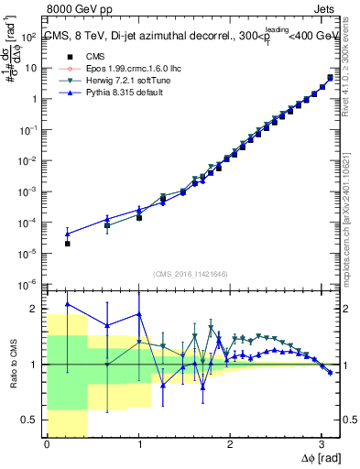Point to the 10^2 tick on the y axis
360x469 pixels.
30,37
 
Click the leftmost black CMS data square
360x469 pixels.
67,244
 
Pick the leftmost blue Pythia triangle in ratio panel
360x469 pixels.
67,304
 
